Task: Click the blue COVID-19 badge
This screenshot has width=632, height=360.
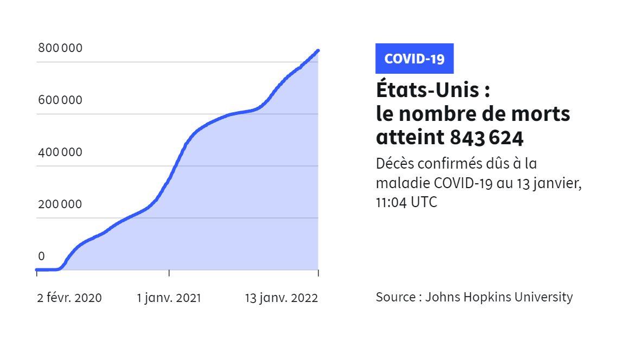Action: tap(414, 59)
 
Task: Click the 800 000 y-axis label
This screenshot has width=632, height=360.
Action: tap(60, 48)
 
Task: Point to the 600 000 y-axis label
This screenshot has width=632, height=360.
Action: tap(60, 100)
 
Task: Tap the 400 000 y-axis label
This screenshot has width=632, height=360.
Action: tap(60, 152)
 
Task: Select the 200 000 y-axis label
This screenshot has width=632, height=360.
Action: tap(60, 204)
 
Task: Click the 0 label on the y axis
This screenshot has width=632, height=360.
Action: tap(42, 256)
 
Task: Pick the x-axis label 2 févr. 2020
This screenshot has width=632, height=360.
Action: tap(69, 298)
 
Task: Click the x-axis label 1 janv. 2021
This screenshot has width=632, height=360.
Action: tap(169, 298)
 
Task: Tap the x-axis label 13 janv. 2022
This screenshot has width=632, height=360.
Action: tap(282, 298)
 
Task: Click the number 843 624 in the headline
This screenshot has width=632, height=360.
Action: tap(487, 138)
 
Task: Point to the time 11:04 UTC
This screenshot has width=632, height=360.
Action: tap(406, 202)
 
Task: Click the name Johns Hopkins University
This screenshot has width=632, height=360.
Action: tap(499, 297)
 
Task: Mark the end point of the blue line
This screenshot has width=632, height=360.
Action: tap(318, 51)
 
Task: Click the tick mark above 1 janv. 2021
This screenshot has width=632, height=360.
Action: tap(169, 273)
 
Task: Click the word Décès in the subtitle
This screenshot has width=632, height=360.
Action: tap(395, 164)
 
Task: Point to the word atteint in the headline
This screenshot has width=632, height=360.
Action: tap(410, 138)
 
